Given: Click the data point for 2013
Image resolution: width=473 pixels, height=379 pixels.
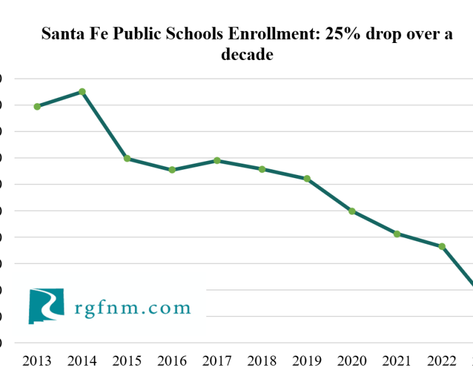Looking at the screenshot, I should (x=37, y=107).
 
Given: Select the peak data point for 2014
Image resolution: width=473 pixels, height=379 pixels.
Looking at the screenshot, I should (x=82, y=92).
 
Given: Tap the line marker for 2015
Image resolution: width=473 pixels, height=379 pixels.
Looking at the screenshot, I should (x=127, y=159).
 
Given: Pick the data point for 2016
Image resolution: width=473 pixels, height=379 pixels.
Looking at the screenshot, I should (x=172, y=170).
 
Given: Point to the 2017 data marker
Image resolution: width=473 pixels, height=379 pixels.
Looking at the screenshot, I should (x=217, y=160).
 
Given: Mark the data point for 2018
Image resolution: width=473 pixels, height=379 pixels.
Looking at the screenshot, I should (x=262, y=169).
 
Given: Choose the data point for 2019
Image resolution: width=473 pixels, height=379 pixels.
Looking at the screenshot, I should (x=307, y=179).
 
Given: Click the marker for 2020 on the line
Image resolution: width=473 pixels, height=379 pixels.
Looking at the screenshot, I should (x=352, y=211).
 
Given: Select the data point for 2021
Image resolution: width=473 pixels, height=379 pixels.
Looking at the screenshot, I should (x=397, y=234).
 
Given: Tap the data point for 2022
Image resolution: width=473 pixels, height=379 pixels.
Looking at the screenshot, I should (x=442, y=246).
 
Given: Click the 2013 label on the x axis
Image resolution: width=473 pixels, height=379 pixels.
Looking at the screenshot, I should (x=37, y=361).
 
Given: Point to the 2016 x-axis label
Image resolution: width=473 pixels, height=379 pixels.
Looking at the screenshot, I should (x=172, y=361).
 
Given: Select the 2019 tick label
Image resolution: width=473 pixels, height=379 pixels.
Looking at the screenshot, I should (x=307, y=361).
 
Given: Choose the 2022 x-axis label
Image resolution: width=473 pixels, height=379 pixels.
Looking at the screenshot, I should (x=442, y=361).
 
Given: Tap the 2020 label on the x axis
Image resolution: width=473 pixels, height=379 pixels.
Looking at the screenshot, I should (x=352, y=361).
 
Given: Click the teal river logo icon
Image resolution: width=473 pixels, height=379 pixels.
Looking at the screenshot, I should (x=46, y=306).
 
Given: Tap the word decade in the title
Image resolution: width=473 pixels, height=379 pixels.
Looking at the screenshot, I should (x=247, y=55).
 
